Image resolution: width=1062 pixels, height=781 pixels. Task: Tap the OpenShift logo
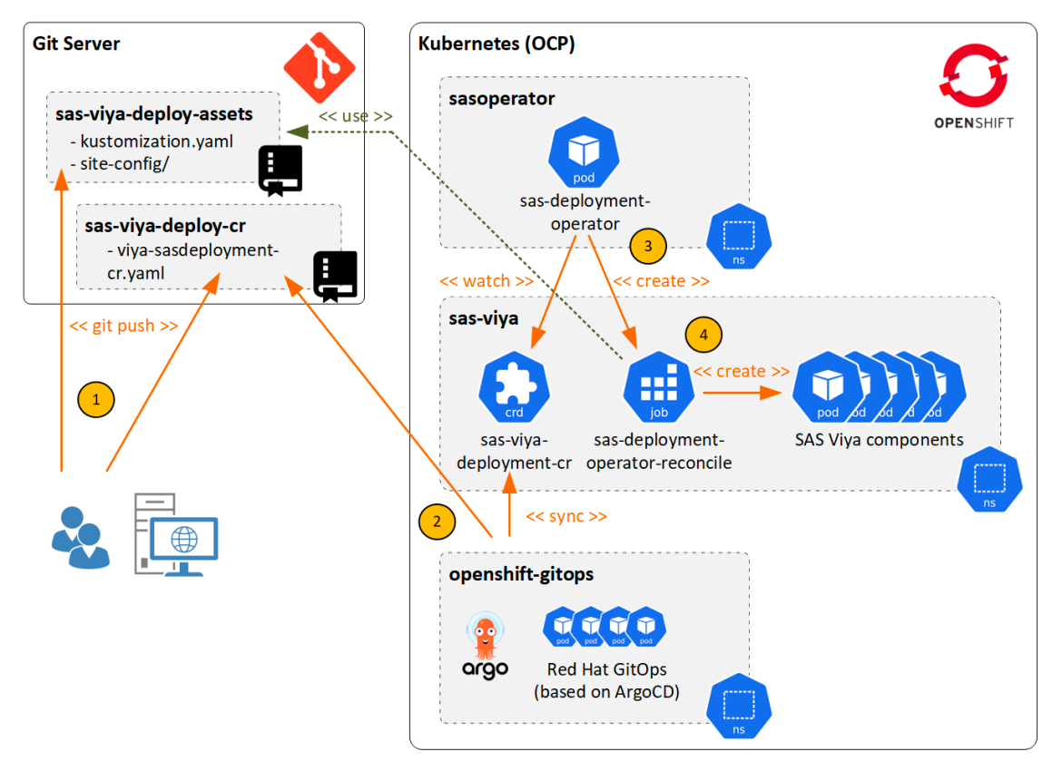pos(973,81)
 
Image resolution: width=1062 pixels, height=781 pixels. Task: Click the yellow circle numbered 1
pos(95,399)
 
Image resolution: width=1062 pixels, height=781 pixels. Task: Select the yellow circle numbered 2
pos(437,521)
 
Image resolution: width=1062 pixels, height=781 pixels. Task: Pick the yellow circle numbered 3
pos(647,245)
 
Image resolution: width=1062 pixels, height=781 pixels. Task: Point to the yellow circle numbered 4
pos(704,335)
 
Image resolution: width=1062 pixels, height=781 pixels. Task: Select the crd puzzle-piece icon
pos(514,388)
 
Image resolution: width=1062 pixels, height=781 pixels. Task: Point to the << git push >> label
pos(123,325)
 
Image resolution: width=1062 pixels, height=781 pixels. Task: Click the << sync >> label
pos(566,516)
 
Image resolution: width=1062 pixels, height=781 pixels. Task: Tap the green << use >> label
pos(355,116)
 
